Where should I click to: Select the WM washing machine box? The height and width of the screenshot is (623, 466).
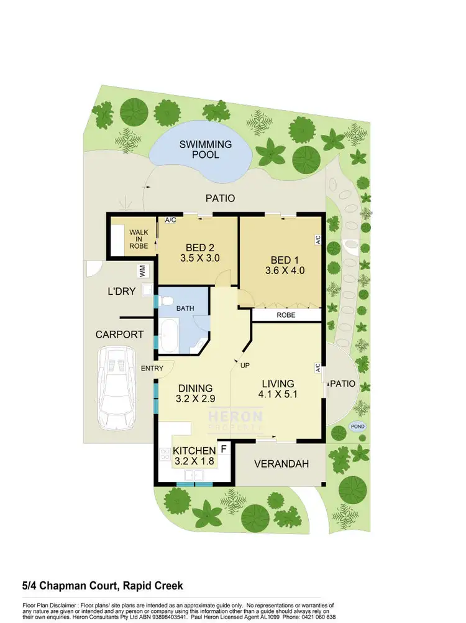[x=142, y=271]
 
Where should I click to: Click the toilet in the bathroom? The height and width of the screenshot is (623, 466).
[x=166, y=301]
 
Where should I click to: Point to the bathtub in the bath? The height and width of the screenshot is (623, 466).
[x=169, y=333]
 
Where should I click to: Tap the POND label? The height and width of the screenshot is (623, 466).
[x=357, y=427]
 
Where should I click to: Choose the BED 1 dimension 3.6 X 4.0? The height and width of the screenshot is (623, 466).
[x=283, y=270]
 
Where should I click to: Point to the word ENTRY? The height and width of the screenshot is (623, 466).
[x=152, y=369]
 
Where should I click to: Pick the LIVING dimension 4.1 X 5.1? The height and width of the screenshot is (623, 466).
[x=277, y=394]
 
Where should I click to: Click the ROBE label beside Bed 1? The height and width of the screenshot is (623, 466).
[x=286, y=315]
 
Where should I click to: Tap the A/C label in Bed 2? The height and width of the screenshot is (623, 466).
[x=170, y=219]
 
